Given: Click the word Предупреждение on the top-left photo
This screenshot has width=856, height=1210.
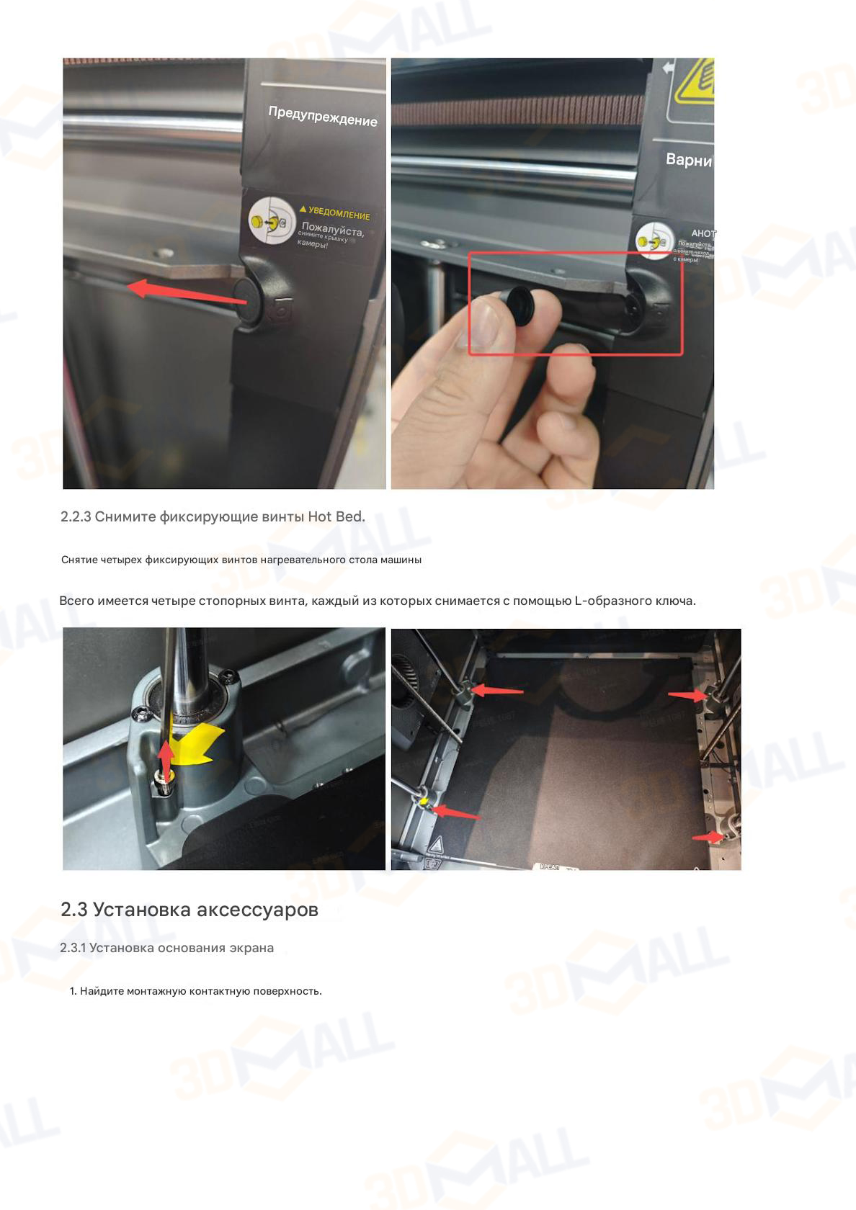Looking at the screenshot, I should click(323, 115).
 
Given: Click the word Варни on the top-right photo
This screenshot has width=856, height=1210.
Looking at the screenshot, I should click(688, 160).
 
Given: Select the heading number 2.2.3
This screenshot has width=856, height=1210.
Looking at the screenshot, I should click(76, 517).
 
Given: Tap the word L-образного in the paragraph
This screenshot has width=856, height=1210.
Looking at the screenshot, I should click(614, 601).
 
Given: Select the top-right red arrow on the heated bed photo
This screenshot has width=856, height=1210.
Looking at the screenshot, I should click(688, 695).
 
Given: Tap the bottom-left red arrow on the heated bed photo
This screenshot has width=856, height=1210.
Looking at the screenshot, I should click(455, 812).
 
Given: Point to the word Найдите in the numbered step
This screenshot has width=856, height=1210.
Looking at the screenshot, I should click(102, 991).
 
